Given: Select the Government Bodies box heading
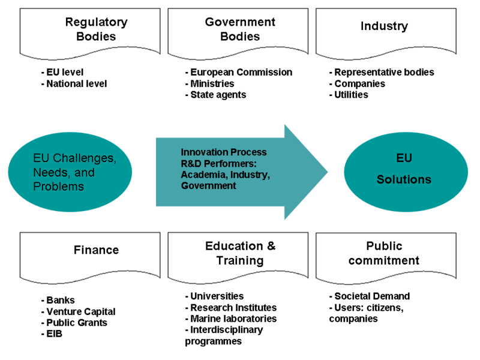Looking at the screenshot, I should click(240, 29).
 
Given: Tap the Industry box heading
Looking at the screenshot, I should click(384, 26).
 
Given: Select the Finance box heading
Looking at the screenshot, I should click(96, 250).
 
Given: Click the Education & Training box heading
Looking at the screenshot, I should click(240, 253).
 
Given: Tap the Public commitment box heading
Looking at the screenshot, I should click(384, 253).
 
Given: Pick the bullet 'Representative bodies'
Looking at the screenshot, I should click(382, 72).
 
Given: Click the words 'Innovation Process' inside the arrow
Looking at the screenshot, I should click(223, 152).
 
